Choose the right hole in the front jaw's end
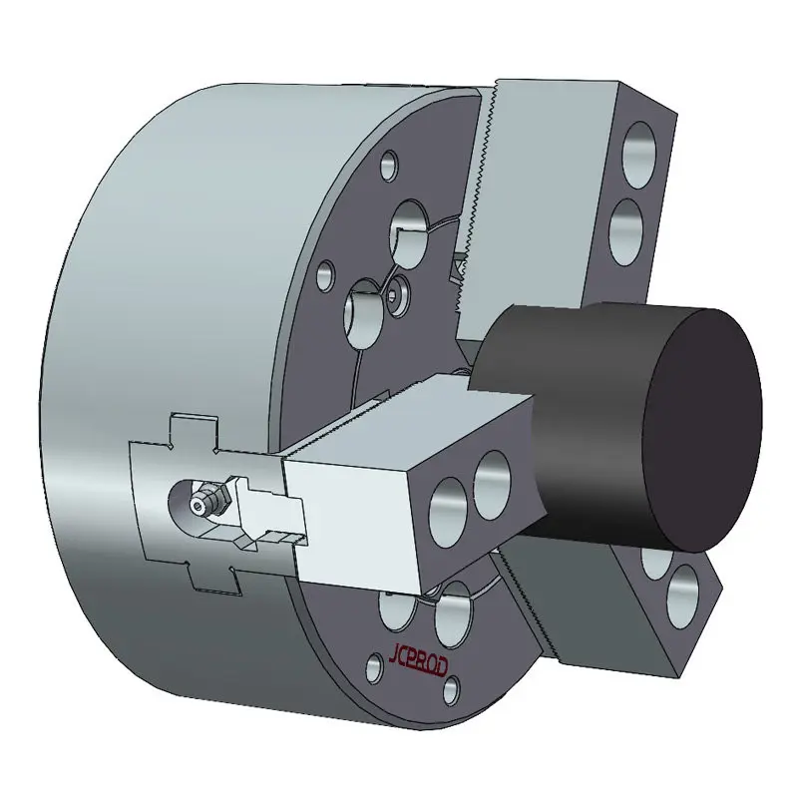[x=493, y=485]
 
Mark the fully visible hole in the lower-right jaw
[x=683, y=597]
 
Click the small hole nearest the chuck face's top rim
[x=390, y=166]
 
